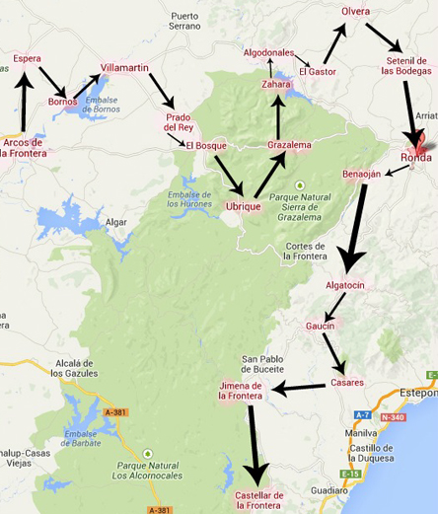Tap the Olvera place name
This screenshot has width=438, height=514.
click(x=355, y=11)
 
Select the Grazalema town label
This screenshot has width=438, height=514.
click(x=290, y=146)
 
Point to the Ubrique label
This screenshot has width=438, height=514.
click(x=244, y=206)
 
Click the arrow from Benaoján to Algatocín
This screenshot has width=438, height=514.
click(x=352, y=227)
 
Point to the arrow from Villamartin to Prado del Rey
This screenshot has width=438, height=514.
click(x=163, y=91)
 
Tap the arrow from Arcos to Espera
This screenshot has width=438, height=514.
click(x=22, y=104)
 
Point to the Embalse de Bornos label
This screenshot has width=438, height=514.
click(x=102, y=107)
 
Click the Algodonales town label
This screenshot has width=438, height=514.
click(x=268, y=52)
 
